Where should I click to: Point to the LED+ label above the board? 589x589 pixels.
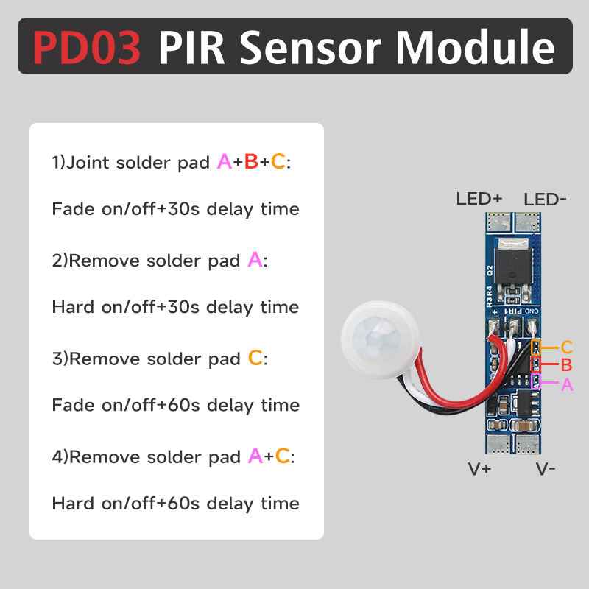479,199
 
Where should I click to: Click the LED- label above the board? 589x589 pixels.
546,199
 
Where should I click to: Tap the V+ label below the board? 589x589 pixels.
480,469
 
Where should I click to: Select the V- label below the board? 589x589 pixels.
546,469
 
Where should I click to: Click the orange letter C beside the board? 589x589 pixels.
566,348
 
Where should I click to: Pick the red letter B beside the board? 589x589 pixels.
566,365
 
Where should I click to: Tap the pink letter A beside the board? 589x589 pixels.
566,384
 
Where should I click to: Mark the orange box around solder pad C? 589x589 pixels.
537,347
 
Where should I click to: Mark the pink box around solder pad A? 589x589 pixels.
537,381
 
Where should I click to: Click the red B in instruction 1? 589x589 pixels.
250,161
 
